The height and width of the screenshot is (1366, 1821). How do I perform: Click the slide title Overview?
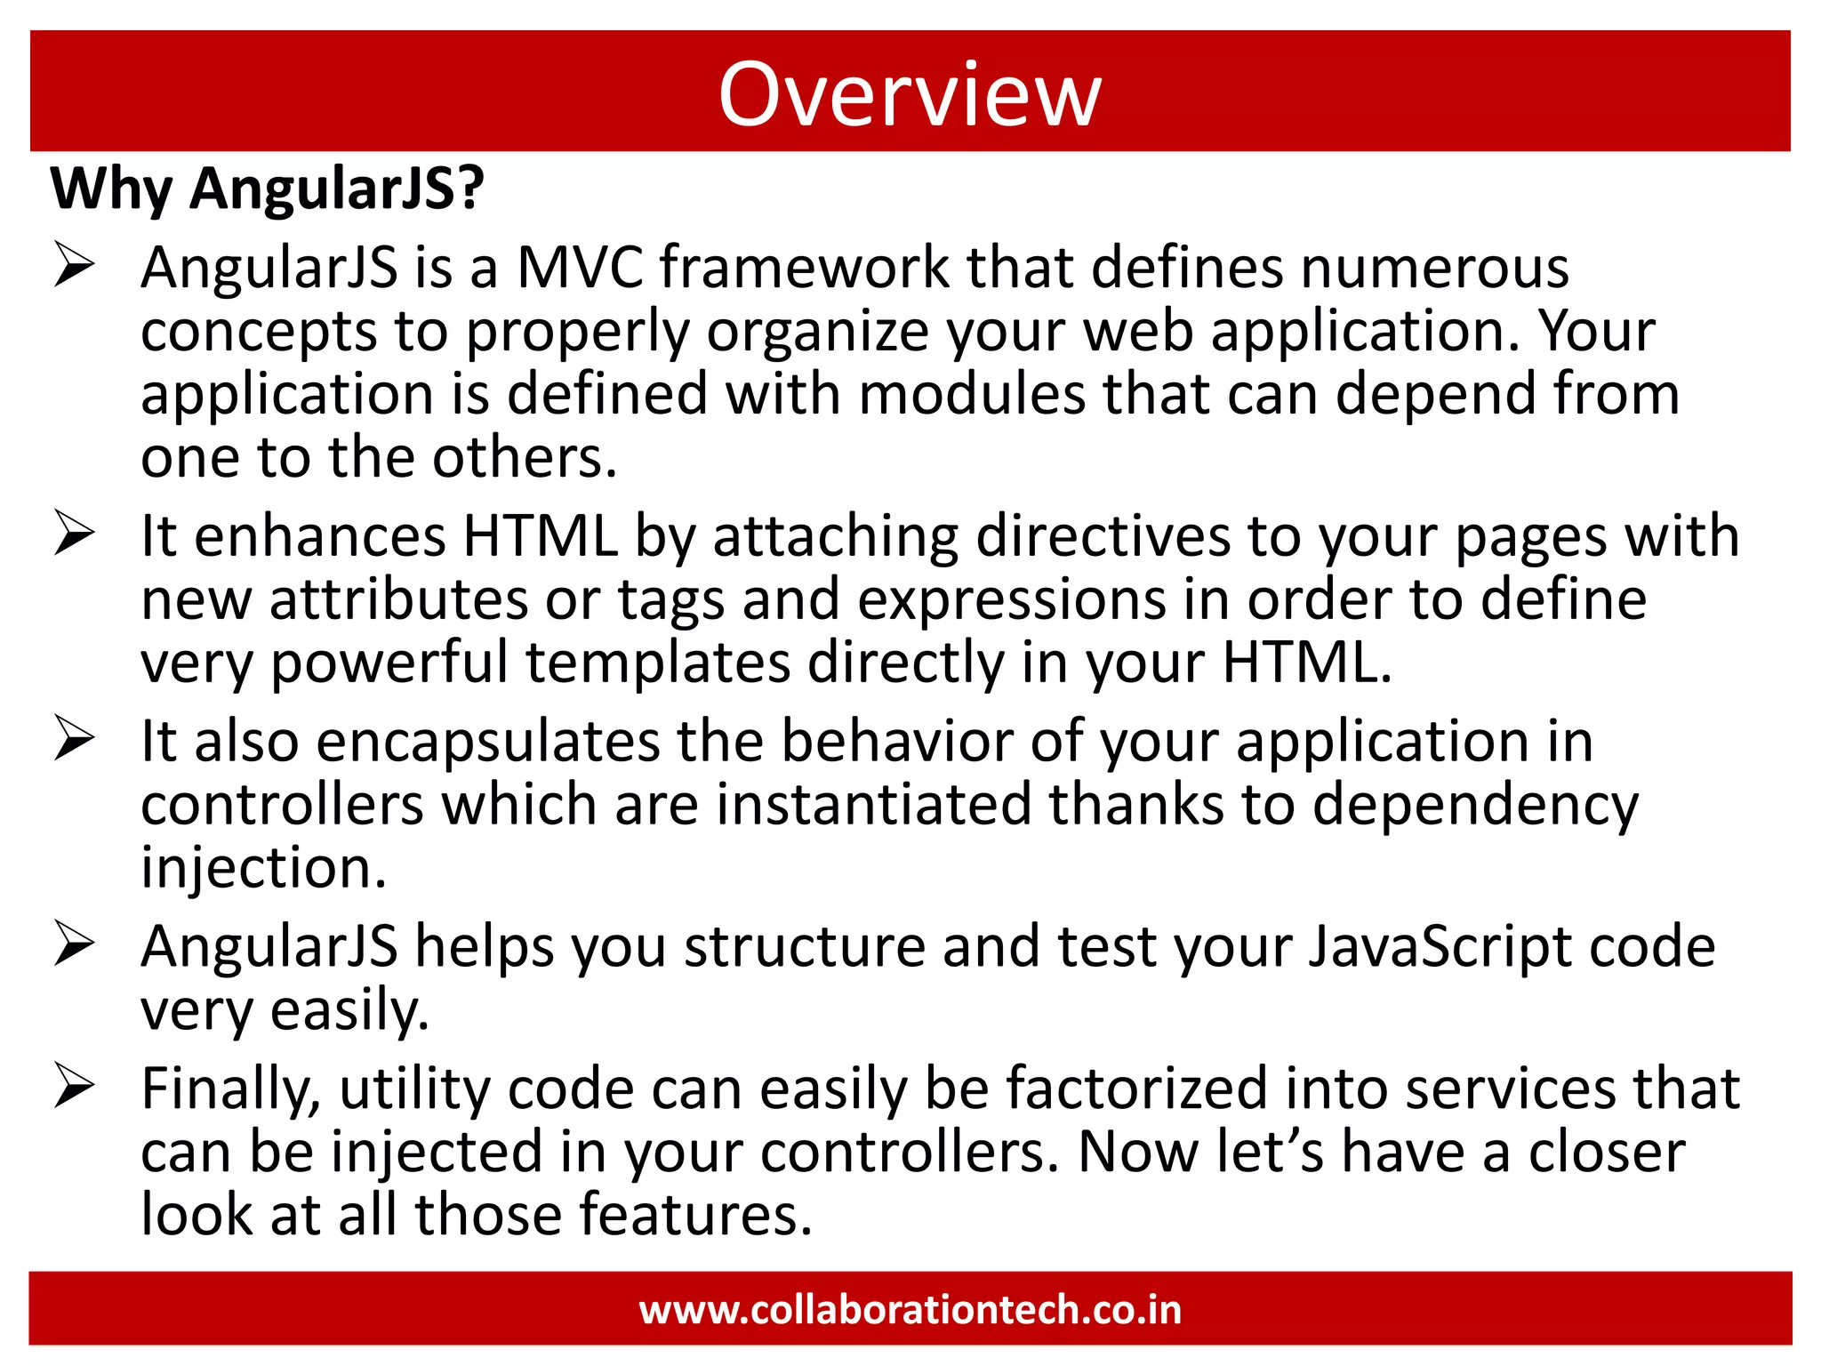(x=910, y=94)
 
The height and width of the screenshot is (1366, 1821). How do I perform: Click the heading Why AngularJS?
(x=268, y=189)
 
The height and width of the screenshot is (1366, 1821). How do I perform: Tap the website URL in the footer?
(x=910, y=1310)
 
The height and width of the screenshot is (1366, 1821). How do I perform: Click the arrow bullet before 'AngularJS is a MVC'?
(x=74, y=265)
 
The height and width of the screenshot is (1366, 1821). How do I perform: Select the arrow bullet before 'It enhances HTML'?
(x=74, y=534)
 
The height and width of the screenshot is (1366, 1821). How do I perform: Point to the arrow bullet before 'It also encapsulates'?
(x=74, y=738)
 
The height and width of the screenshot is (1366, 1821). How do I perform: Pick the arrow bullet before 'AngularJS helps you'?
(x=74, y=944)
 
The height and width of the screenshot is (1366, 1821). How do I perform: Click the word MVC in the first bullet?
(x=580, y=268)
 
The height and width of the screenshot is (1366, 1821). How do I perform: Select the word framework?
(x=805, y=268)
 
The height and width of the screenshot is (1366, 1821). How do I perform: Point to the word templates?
(x=658, y=663)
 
